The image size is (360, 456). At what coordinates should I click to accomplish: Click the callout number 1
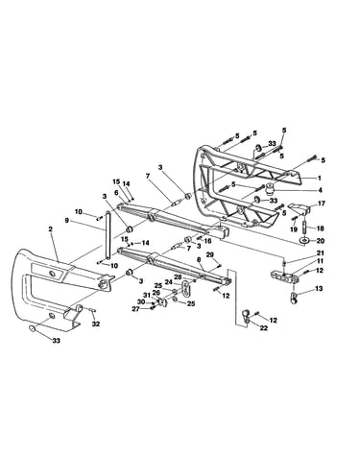coord(319,179)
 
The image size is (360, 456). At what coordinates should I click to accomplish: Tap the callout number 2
coord(50,229)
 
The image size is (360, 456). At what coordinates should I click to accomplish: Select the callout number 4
coord(320,190)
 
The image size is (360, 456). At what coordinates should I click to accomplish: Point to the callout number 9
coord(66,220)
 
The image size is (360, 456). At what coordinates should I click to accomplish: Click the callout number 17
coord(322,204)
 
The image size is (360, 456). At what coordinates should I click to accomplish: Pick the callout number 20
coord(321,241)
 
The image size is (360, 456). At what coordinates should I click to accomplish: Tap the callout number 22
coord(263,328)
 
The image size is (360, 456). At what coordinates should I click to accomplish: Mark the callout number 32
coord(96,324)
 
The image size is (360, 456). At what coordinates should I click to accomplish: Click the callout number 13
coord(319,289)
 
